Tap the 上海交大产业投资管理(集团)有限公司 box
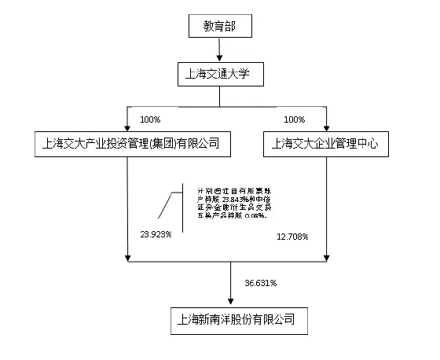[127, 143]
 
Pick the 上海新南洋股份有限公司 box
[237, 320]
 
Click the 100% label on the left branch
[150, 119]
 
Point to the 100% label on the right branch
[293, 119]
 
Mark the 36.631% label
[262, 281]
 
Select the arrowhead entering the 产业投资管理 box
[127, 126]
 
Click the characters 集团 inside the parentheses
[165, 143]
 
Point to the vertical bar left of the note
[183, 208]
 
